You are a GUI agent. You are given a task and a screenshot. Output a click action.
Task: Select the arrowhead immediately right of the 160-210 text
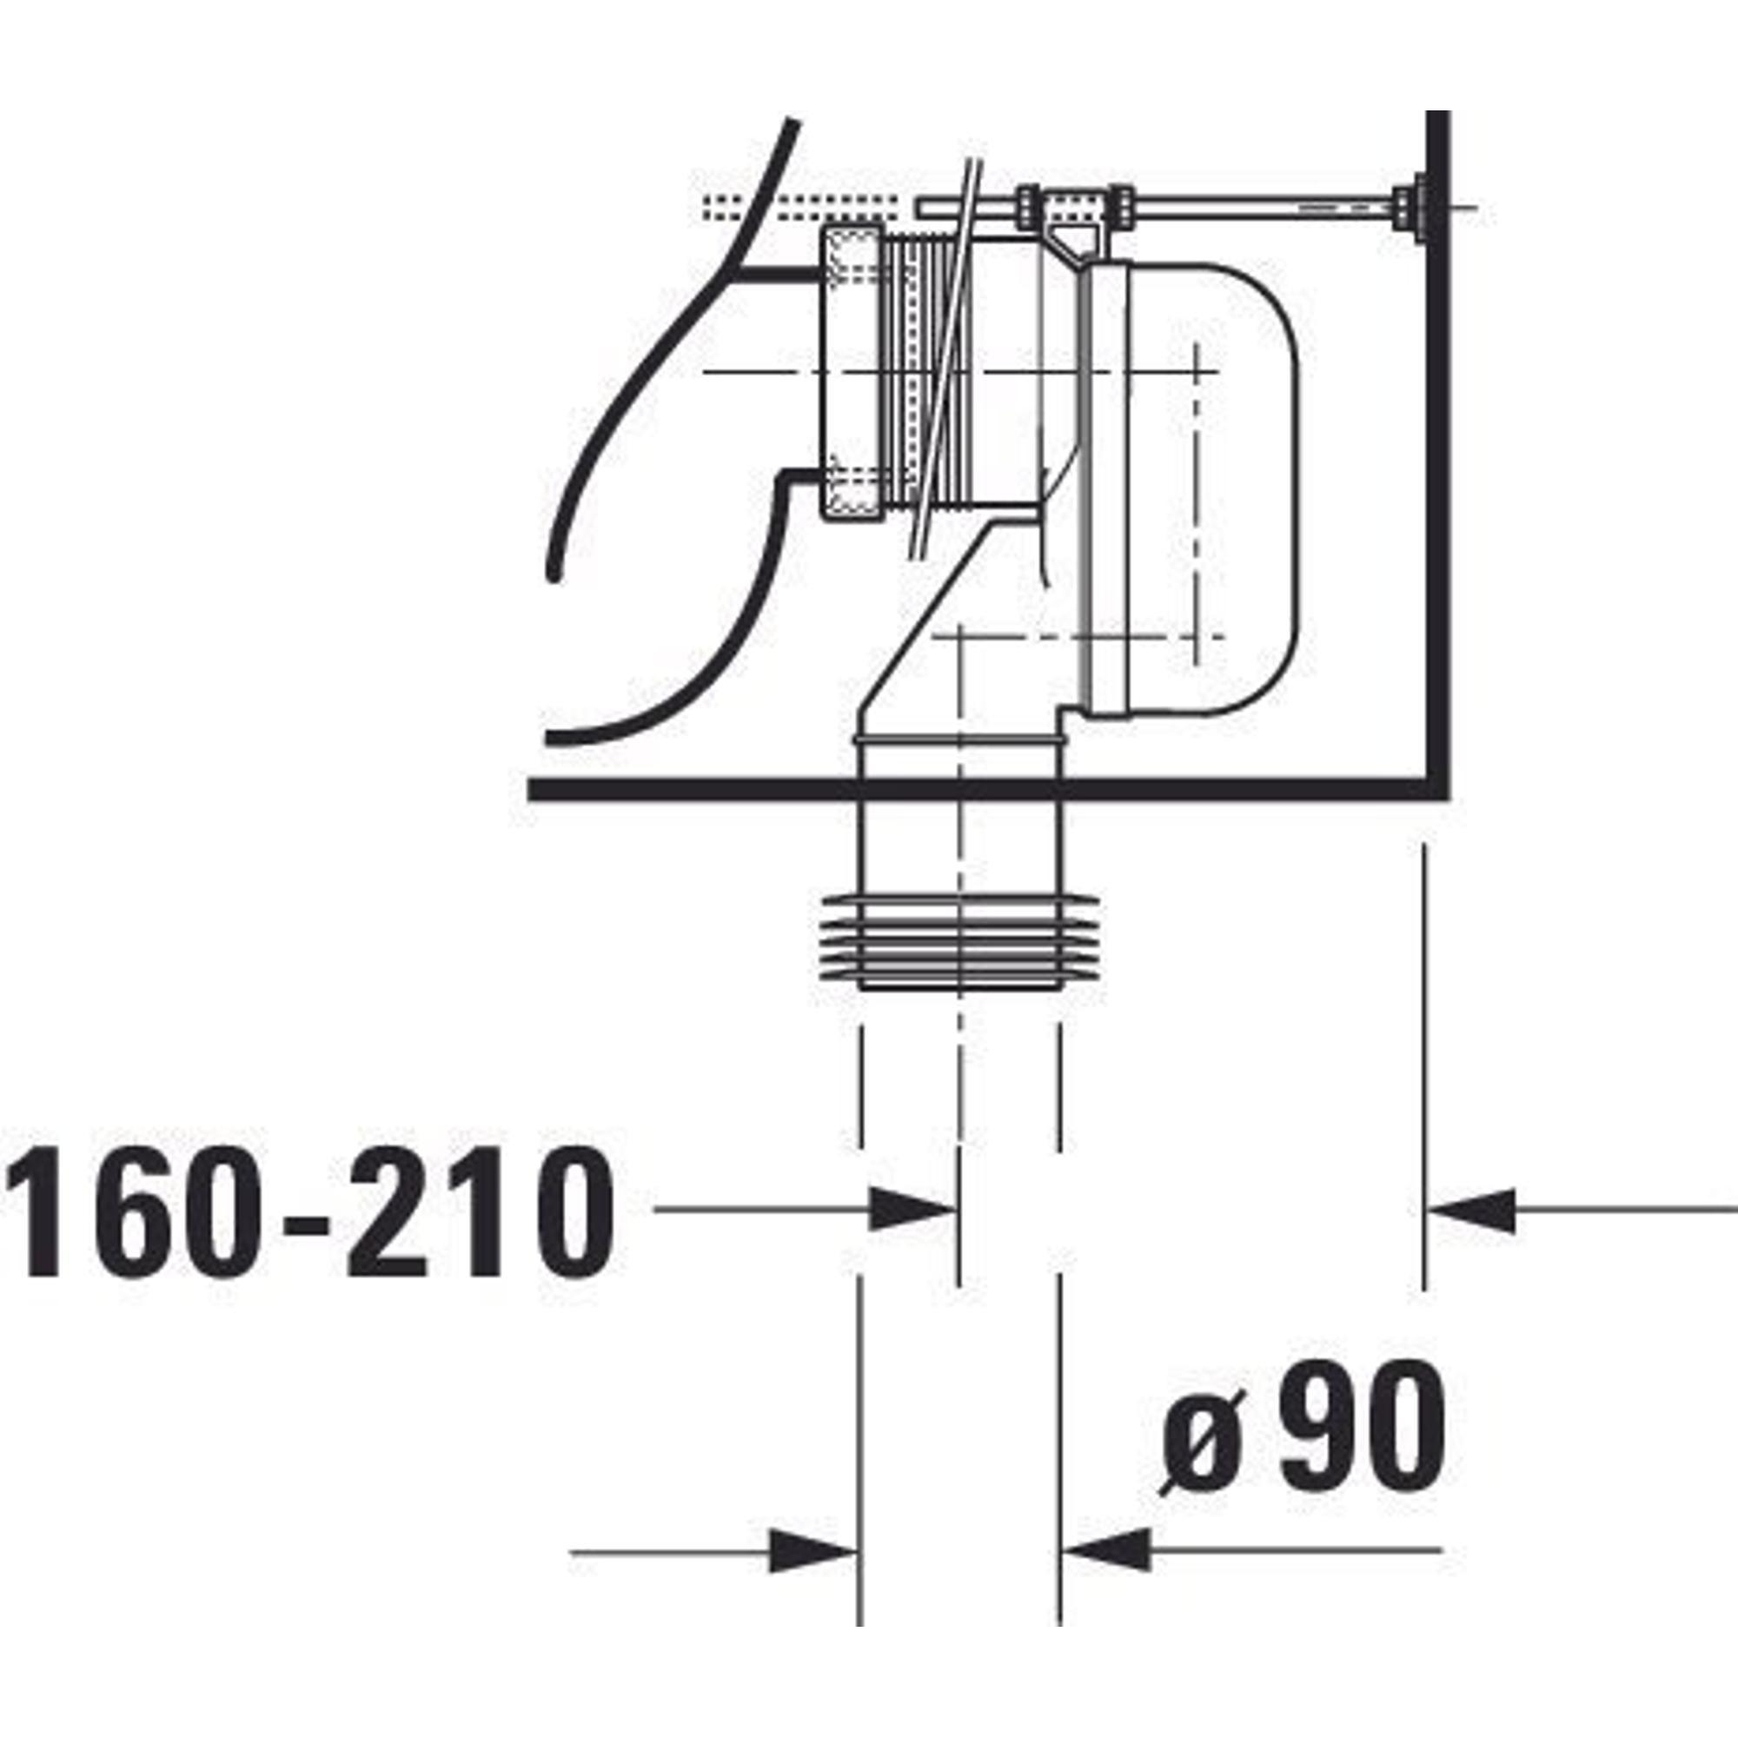pos(912,1209)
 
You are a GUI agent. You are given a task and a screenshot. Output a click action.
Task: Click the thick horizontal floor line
pos(988,789)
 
